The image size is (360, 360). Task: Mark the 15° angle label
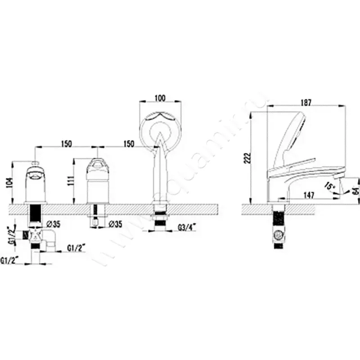click(329, 185)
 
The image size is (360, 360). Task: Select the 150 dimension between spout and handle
click(66, 144)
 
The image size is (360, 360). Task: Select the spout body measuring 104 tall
click(36, 182)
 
